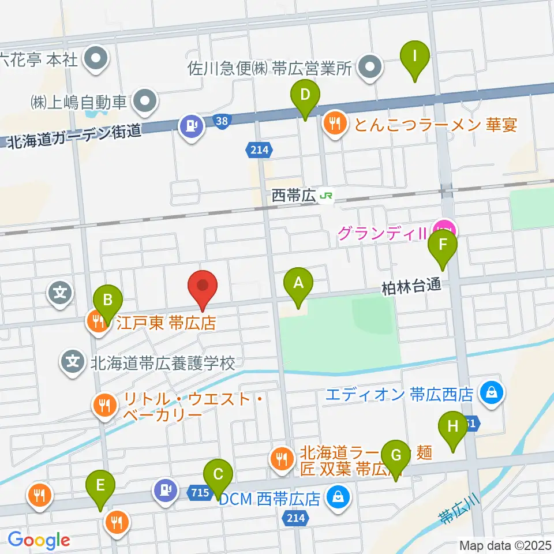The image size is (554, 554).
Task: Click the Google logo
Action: pos(39,540)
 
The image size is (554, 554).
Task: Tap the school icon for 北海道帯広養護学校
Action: pos(72,363)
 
